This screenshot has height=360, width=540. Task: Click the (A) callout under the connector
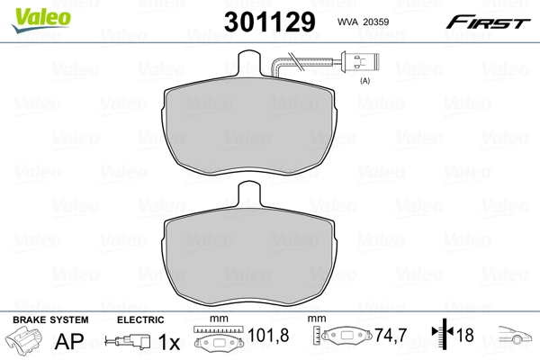point(365,82)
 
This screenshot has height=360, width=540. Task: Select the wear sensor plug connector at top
point(356,65)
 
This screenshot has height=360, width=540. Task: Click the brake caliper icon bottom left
point(26,343)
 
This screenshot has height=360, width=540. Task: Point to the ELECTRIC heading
point(141,319)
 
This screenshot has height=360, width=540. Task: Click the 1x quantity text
point(169,343)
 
